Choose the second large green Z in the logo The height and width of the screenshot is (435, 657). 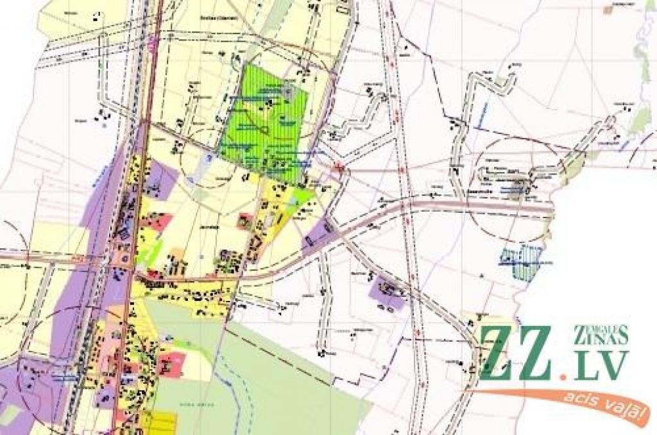[536, 353]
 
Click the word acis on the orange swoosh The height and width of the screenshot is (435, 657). [577, 398]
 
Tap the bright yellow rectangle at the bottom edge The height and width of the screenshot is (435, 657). [158, 423]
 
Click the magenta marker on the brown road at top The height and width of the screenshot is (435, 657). [151, 44]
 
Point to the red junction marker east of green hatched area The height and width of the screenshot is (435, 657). [341, 170]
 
